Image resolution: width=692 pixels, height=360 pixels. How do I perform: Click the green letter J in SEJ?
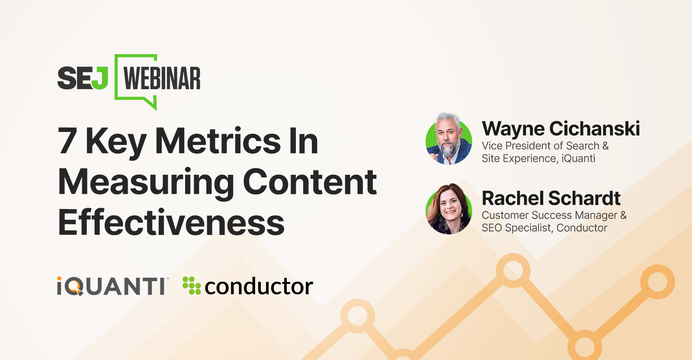100,78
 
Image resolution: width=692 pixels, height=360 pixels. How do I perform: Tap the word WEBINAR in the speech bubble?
162,78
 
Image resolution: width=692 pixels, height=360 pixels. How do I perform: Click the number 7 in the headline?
67,141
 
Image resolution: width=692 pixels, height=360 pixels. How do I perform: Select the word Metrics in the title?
218,141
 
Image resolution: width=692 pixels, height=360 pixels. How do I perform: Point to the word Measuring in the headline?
146,182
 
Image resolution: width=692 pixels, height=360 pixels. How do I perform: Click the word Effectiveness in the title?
171,222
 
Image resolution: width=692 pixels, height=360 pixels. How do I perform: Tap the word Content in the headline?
310,182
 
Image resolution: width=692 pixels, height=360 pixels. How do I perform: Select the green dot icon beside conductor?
192,285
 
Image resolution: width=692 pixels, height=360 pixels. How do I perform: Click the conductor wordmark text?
259,286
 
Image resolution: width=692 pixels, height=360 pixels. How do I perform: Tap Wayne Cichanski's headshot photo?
449,139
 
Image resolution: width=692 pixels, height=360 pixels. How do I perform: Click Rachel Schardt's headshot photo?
449,209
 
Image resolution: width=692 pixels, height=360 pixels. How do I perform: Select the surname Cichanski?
595,129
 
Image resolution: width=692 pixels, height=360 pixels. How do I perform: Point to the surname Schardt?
584,198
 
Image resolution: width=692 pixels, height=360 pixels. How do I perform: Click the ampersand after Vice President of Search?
605,146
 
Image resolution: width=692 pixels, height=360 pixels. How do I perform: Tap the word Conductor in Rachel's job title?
582,228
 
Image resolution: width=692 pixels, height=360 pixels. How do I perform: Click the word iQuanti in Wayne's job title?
578,158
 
